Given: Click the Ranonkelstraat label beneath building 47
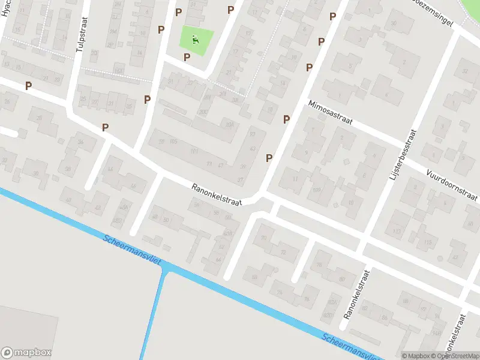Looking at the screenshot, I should (217, 195).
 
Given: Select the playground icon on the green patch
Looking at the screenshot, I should (196, 41).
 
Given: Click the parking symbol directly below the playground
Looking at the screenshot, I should (187, 57).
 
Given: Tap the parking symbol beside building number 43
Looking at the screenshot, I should (269, 158).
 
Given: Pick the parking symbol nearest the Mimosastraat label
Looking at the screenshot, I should (286, 119).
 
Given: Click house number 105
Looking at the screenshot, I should (173, 142).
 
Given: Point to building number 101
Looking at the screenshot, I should (194, 151).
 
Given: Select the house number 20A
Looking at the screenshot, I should (229, 125).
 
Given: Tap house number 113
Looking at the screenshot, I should (396, 230).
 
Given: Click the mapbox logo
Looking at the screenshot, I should (26, 353).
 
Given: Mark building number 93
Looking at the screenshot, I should (252, 134).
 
